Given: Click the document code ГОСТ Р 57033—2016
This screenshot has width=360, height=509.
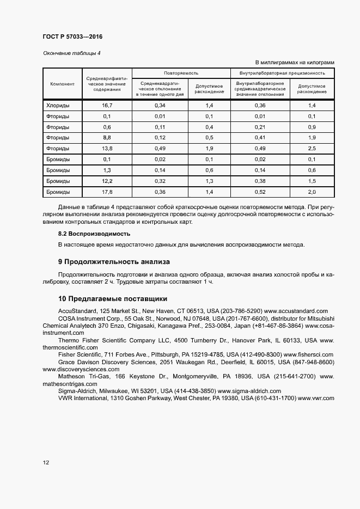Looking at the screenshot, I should [72, 37].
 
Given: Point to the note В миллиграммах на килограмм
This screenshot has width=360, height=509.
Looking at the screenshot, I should [295, 63].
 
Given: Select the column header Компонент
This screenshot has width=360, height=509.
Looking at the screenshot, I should [62, 84].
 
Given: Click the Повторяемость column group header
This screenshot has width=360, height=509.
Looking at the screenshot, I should [181, 73].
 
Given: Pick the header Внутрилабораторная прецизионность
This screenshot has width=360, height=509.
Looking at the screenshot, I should [283, 73].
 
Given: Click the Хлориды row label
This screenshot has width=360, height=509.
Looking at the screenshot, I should [57, 105].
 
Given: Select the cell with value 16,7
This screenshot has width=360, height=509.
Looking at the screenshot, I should [107, 105].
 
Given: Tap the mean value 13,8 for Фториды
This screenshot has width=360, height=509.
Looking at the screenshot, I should [107, 149].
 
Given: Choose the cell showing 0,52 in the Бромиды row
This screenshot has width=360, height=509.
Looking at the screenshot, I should [260, 192].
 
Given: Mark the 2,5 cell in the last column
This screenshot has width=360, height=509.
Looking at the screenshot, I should [312, 149].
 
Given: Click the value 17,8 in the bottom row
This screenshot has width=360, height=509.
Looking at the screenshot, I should [107, 192].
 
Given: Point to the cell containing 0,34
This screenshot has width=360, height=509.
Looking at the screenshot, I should [160, 105].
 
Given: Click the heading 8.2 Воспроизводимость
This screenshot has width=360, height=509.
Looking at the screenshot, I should [94, 234].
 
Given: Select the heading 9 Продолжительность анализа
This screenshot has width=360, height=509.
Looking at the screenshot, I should [114, 262].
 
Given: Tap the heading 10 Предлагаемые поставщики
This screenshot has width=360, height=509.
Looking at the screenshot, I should [112, 298].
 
